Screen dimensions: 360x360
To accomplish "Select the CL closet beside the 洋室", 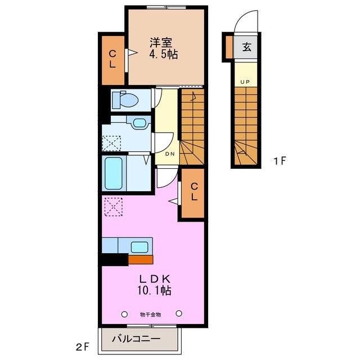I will pyautogui.click(x=112, y=58).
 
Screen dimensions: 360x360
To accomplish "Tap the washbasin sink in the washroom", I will pyautogui.click(x=139, y=123).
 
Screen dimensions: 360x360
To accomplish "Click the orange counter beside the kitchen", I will pyautogui.click(x=140, y=260).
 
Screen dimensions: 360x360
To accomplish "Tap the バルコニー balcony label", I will pyautogui.click(x=136, y=339).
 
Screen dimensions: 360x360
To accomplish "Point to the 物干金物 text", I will pyautogui.click(x=150, y=314).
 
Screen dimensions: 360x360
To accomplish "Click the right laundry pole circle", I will pyautogui.click(x=179, y=313).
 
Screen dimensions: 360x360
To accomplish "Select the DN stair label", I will pyautogui.click(x=169, y=154).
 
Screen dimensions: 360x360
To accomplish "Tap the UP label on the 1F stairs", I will pyautogui.click(x=245, y=83).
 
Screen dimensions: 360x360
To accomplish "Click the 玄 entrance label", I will pyautogui.click(x=247, y=47).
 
